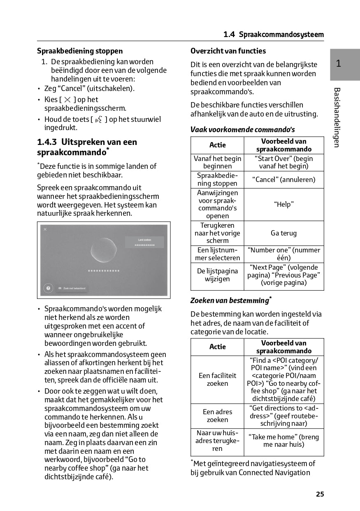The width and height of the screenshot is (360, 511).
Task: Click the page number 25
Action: [x=320, y=494]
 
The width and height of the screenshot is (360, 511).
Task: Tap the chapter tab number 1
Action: [x=338, y=64]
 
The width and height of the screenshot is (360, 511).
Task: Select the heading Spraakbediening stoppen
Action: [x=80, y=51]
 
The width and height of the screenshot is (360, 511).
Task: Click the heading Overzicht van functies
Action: [x=228, y=51]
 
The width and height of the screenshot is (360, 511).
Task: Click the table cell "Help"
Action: [x=284, y=205]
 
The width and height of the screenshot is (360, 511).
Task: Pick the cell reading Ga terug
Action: [x=284, y=233]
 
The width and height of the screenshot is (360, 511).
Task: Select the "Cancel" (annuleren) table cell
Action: [x=284, y=180]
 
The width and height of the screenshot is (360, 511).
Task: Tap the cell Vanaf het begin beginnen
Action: [x=217, y=162]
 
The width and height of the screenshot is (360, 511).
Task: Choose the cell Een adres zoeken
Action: [x=217, y=416]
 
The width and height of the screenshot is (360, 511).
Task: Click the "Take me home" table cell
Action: [x=284, y=441]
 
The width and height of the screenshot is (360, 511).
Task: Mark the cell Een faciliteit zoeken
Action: [x=217, y=380]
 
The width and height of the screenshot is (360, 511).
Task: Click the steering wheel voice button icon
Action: [x=98, y=120]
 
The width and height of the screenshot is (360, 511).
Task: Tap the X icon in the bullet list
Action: [x=67, y=100]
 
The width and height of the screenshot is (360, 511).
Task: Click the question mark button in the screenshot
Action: [x=48, y=288]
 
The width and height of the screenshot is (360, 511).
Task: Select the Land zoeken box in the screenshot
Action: [x=144, y=242]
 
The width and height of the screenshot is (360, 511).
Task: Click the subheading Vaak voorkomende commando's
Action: [x=243, y=130]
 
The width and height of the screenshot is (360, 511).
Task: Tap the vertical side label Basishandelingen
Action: [x=337, y=117]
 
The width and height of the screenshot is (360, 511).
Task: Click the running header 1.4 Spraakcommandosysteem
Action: [x=274, y=35]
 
